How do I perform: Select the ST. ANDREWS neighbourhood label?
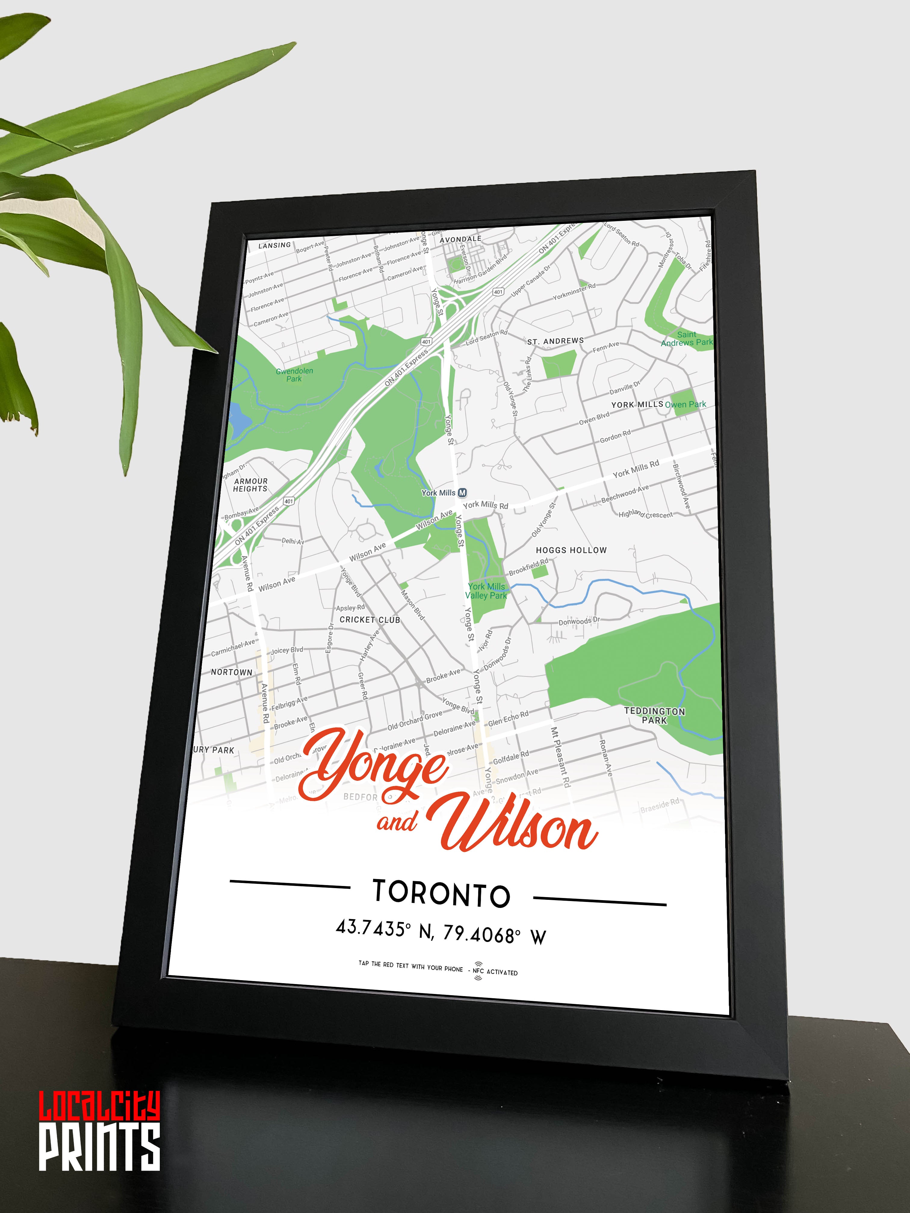click(555, 341)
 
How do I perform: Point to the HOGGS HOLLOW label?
click(571, 550)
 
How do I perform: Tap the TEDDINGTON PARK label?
click(655, 715)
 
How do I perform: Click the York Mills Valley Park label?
click(486, 591)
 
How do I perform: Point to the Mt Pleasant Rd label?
click(561, 757)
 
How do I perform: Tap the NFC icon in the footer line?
click(478, 970)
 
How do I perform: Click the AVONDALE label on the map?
click(460, 239)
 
